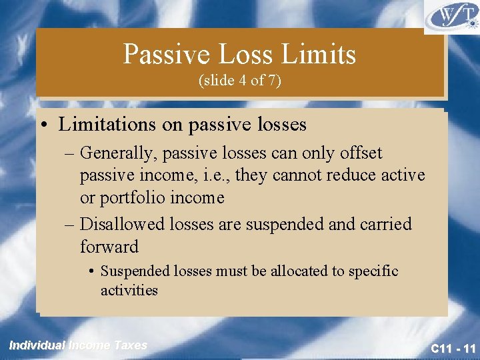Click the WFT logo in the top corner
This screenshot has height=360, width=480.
451,17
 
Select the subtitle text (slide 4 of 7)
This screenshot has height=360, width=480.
240,81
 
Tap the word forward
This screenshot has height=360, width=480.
109,247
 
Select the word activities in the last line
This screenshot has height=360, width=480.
129,291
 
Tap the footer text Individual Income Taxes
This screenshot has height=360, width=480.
78,345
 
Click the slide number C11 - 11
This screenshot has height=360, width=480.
453,349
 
